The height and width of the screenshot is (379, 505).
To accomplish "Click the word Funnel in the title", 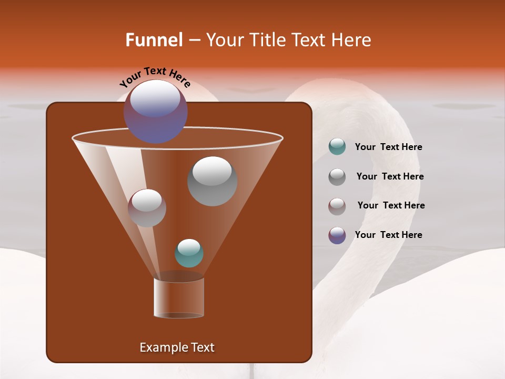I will [x=154, y=40].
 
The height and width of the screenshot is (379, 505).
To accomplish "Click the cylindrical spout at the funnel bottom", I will [x=179, y=298].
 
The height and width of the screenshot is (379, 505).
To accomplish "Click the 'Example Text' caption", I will [x=177, y=347].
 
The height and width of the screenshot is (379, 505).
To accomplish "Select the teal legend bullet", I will [x=337, y=147].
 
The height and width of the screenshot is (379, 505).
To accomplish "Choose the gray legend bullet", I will [x=337, y=176].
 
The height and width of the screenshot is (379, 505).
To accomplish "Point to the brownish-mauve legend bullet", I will [x=337, y=206].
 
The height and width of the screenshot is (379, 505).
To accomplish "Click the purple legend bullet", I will [x=337, y=235].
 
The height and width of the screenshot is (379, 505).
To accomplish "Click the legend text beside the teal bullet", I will [x=388, y=147].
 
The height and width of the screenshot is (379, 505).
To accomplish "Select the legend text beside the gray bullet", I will [x=390, y=176].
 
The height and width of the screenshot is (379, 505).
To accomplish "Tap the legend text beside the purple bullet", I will [x=388, y=235].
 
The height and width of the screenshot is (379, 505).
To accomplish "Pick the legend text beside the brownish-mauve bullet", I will [x=391, y=205].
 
